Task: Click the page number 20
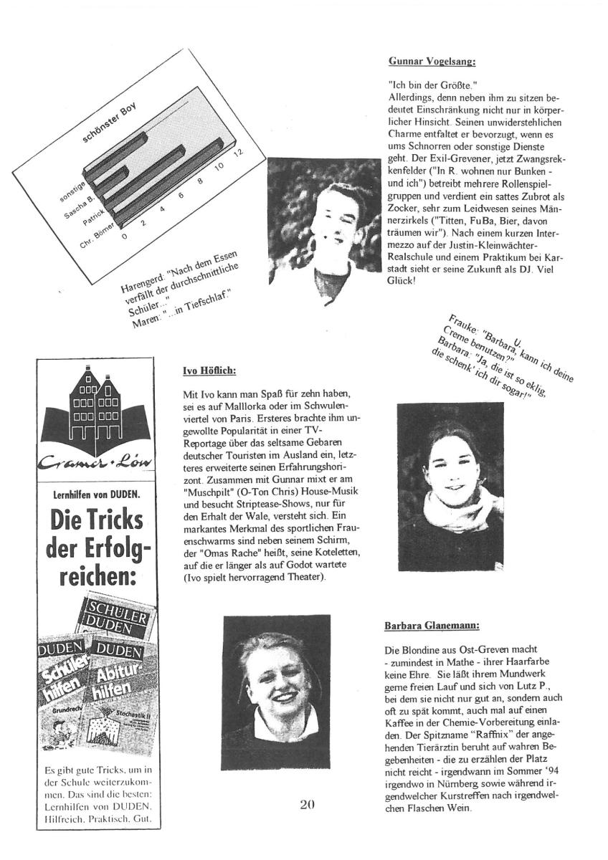pos(307,804)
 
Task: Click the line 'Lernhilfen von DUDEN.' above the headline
pos(96,494)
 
